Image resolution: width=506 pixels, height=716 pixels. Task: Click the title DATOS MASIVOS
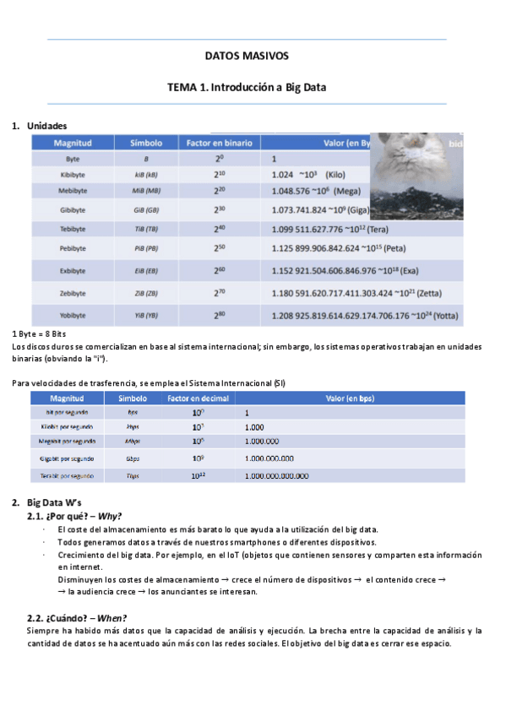pos(247,56)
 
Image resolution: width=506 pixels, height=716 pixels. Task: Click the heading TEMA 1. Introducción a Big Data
pos(247,87)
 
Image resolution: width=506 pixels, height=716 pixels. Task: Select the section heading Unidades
pos(47,126)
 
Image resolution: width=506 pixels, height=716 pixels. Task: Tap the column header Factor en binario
pos(219,144)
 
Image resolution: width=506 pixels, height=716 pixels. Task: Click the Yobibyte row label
pos(73,316)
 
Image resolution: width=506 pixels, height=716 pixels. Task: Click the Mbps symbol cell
pos(133,441)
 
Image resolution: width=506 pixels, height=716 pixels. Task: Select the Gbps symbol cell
pos(133,458)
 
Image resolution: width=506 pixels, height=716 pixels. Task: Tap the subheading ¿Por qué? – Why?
pos(86,516)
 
